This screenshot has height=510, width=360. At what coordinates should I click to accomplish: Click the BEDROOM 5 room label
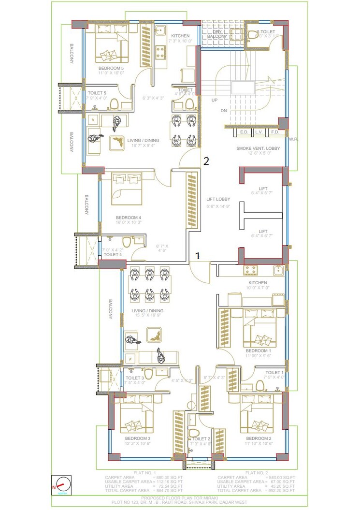[111, 69]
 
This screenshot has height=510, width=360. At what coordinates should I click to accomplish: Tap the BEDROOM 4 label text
[128, 218]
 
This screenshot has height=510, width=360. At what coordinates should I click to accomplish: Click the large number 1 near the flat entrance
[197, 255]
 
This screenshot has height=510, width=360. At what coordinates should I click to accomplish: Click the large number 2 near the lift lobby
[206, 161]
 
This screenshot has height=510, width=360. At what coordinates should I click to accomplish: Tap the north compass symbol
[62, 485]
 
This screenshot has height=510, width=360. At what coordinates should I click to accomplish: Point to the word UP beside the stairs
[215, 100]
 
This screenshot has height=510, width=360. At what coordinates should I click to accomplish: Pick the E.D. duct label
[243, 132]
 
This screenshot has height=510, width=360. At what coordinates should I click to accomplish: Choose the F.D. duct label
[274, 132]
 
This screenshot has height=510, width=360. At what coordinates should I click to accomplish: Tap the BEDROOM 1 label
[258, 350]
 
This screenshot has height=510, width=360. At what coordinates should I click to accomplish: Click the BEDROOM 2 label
[258, 438]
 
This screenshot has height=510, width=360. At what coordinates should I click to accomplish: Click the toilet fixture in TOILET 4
[127, 242]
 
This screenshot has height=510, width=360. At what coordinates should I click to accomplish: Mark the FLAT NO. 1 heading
[126, 473]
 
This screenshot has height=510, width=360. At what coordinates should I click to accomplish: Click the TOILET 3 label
[135, 378]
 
